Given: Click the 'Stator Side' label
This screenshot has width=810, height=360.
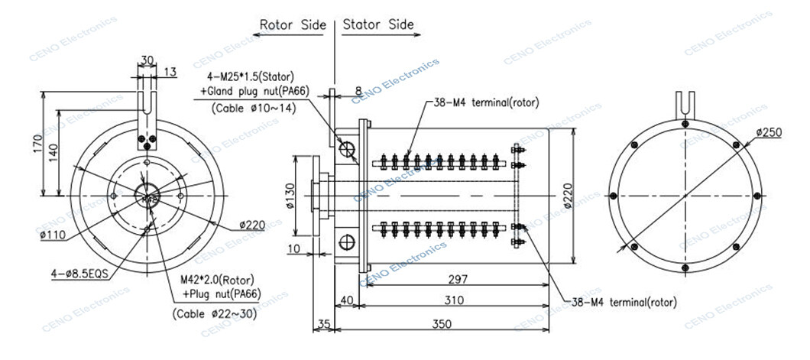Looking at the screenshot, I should point(378,24).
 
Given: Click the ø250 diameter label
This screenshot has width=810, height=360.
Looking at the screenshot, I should point(768,132).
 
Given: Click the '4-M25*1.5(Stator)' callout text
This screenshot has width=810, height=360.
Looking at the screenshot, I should point(251,77).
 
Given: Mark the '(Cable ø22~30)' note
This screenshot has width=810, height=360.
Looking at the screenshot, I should point(215,313).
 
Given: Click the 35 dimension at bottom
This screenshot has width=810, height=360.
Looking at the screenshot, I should point(322,323).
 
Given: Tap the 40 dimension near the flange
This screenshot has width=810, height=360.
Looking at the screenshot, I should point(345,300).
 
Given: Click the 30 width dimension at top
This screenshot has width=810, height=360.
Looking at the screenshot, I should point(147,60).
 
